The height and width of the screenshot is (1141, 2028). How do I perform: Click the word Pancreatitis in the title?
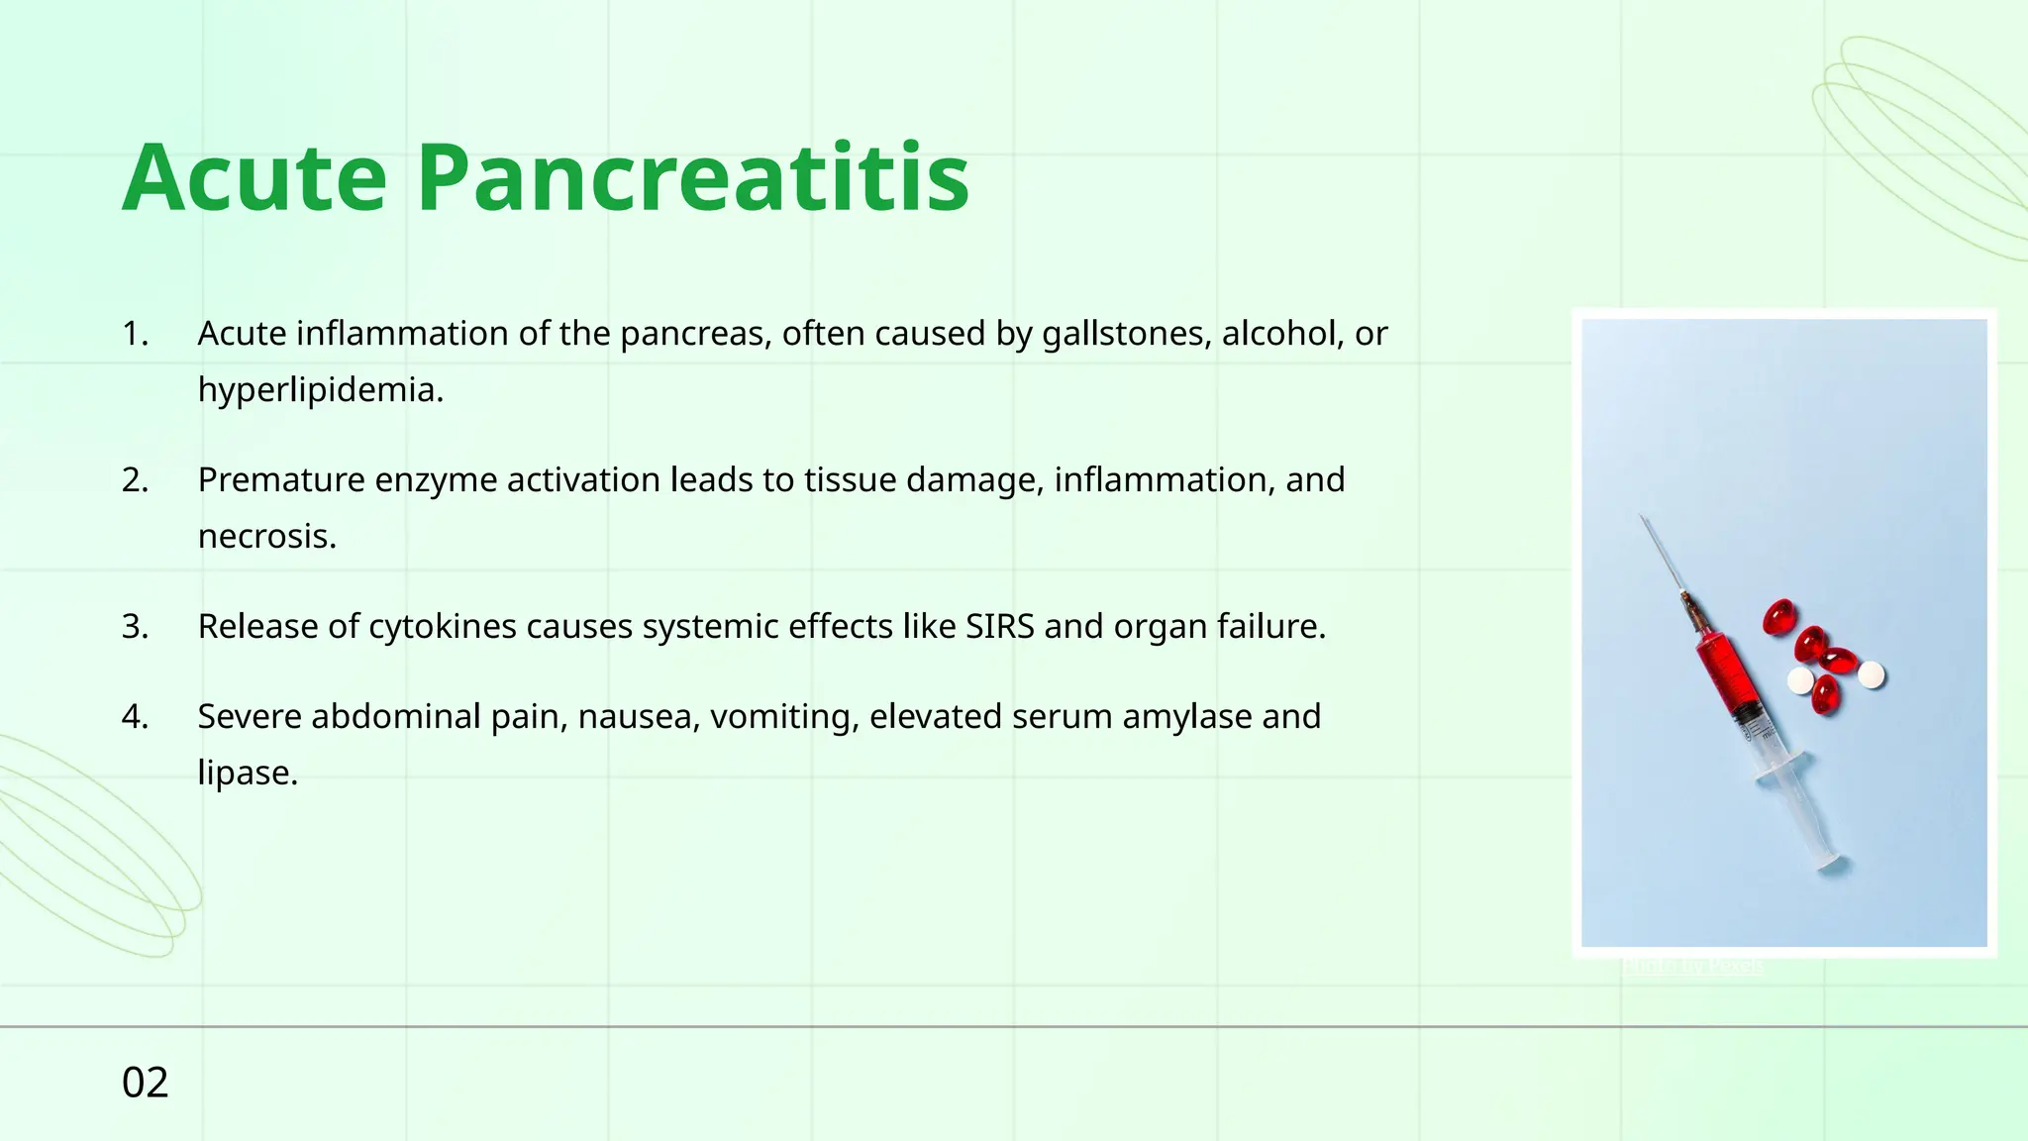point(692,179)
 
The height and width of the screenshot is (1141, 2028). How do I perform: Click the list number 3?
point(135,627)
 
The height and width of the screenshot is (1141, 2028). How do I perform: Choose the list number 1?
point(135,334)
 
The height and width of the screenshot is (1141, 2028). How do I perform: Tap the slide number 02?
point(145,1083)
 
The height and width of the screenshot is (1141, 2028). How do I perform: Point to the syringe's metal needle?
point(1663,555)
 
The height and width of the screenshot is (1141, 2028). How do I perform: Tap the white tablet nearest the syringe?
point(1799,680)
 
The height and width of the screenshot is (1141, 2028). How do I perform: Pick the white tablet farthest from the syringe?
point(1871,674)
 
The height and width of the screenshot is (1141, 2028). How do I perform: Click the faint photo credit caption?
point(1692,965)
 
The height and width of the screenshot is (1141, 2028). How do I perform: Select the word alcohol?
point(1277,334)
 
